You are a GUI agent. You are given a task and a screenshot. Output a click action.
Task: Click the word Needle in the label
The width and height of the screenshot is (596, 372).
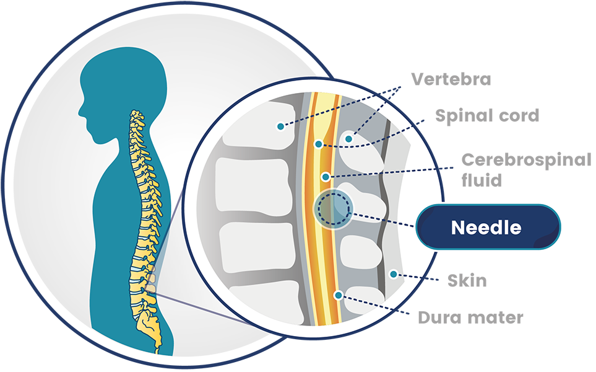tap(486, 228)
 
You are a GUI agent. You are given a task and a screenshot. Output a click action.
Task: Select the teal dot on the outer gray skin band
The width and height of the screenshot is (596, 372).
tap(393, 274)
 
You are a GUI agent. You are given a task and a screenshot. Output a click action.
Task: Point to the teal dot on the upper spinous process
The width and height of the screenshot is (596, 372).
tap(349, 139)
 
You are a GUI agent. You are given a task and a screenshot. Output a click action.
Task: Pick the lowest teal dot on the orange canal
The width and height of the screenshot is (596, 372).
tap(338, 294)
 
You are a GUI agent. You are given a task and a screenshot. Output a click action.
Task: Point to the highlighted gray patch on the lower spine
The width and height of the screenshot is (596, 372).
tap(150, 283)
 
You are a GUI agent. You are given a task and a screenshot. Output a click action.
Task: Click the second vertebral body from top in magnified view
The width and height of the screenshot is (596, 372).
tap(254, 187)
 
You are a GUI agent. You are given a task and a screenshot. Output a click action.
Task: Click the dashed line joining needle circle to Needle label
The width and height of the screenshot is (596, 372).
tap(384, 220)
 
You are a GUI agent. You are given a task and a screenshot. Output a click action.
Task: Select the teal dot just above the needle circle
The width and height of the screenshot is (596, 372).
tap(326, 177)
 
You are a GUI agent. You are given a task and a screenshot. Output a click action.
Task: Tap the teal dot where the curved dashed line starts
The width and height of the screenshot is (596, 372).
tap(318, 144)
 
